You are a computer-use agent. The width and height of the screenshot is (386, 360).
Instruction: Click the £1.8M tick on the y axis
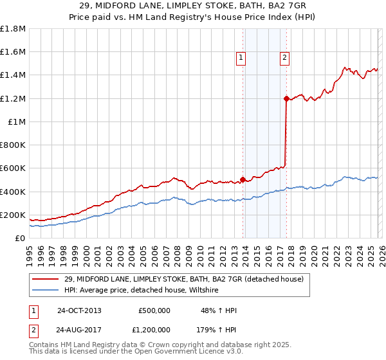[x=13, y=29]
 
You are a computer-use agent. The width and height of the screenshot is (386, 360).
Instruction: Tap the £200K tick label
[x=12, y=215]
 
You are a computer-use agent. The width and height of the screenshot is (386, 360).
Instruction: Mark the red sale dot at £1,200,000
[x=286, y=98]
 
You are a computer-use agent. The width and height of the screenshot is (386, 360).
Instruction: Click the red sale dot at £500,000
[x=243, y=179]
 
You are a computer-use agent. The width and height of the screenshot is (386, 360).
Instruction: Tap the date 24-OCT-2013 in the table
[x=79, y=310]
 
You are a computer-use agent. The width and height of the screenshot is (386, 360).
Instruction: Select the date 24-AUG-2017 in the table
[x=79, y=330]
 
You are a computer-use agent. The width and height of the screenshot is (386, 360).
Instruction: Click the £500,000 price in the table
[x=154, y=310]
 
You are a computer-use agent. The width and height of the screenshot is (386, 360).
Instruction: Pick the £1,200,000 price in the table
[x=152, y=330]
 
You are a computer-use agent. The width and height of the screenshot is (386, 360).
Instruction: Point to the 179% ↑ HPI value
[x=217, y=330]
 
